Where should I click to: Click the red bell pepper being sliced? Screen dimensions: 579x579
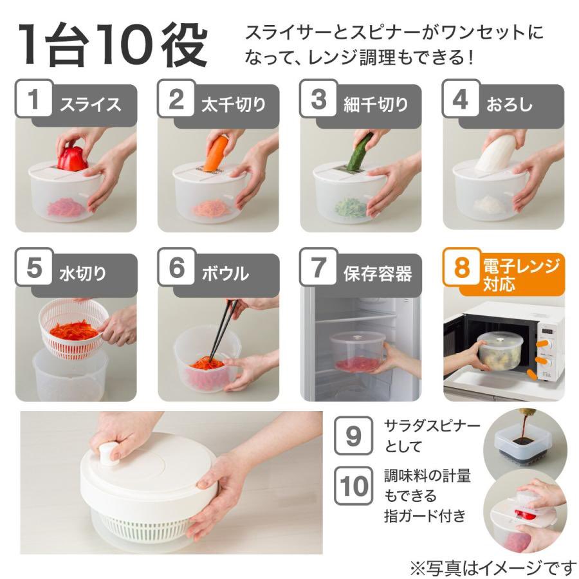pyautogui.click(x=73, y=158)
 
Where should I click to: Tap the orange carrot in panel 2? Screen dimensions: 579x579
pyautogui.click(x=216, y=154)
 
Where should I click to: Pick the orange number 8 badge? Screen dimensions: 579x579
pyautogui.click(x=462, y=267)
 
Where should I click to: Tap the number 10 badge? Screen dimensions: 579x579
pyautogui.click(x=353, y=486)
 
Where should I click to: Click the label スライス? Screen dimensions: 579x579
pyautogui.click(x=91, y=104)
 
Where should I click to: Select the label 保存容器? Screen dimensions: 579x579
pyautogui.click(x=378, y=273)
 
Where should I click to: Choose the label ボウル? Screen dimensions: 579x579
pyautogui.click(x=225, y=273)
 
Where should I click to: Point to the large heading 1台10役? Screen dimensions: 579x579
pyautogui.click(x=113, y=46)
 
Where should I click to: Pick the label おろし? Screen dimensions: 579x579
pyautogui.click(x=510, y=104)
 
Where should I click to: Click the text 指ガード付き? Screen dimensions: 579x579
pyautogui.click(x=425, y=515)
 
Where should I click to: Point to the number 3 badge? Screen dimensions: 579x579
pyautogui.click(x=318, y=98)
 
